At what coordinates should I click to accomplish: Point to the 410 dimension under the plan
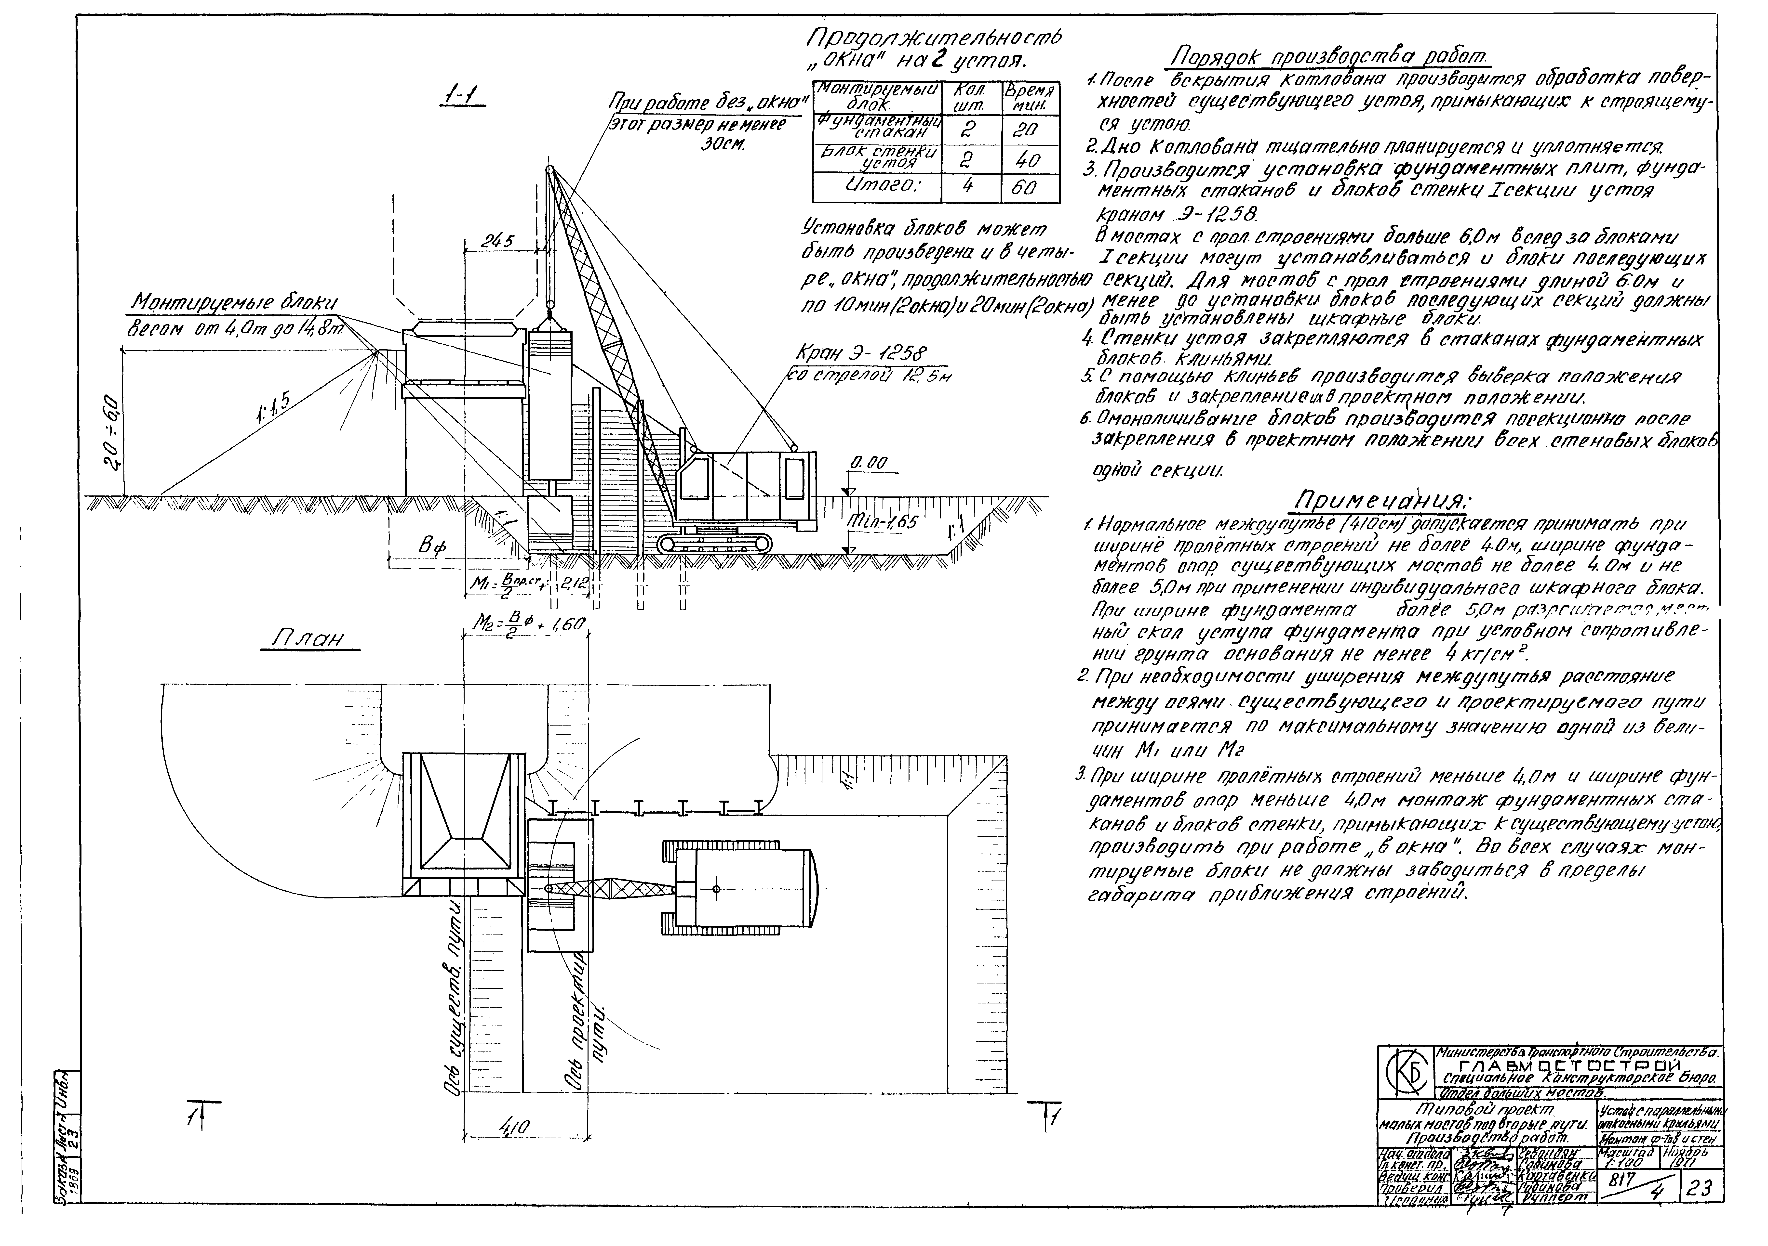click(509, 1129)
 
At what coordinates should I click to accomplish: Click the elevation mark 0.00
click(869, 463)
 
